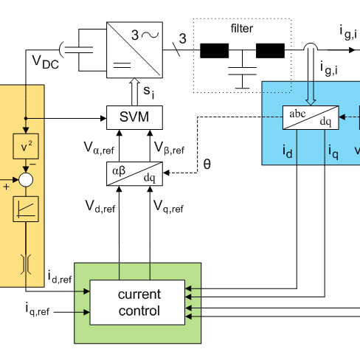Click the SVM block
click(134, 117)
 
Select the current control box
click(137, 302)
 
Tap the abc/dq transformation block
click(311, 117)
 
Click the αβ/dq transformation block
click(134, 173)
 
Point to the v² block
click(26, 146)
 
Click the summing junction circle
click(26, 180)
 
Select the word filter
click(242, 28)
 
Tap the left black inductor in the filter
click(215, 51)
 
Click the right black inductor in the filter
click(270, 51)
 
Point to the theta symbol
click(207, 164)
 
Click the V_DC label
click(46, 62)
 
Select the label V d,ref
click(100, 207)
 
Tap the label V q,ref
click(168, 207)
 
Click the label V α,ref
click(99, 148)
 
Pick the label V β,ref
click(170, 148)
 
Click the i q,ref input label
click(38, 309)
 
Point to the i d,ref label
click(60, 277)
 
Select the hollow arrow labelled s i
click(134, 91)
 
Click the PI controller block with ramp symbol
click(26, 209)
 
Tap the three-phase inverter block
click(134, 50)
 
